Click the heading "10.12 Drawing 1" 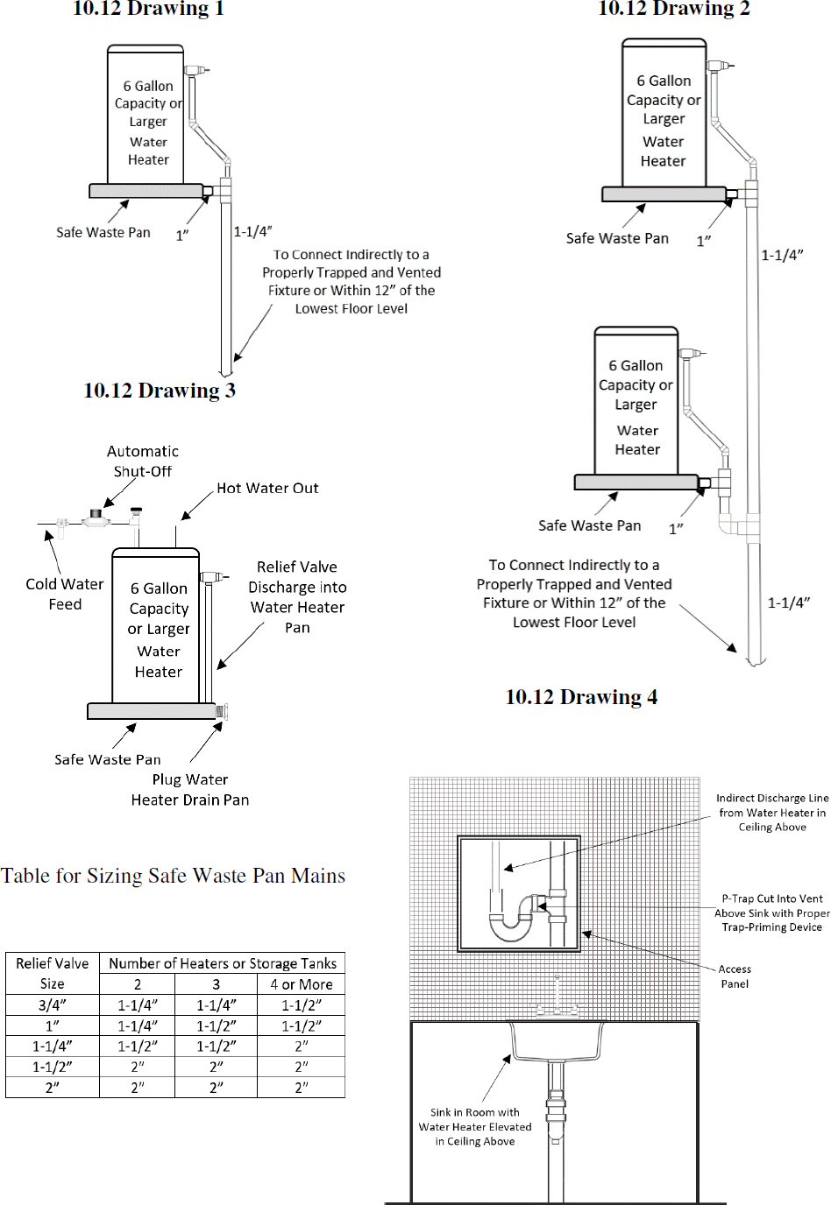click(x=148, y=9)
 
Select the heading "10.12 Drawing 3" click(x=160, y=391)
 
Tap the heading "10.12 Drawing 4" click(x=581, y=697)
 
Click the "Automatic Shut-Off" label click(x=143, y=462)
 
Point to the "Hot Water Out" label click(x=267, y=489)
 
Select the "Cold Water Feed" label click(x=65, y=594)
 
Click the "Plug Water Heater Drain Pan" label click(x=190, y=790)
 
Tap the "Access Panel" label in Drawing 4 click(x=735, y=976)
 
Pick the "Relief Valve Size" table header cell click(x=53, y=973)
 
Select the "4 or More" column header click(x=302, y=984)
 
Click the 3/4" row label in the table click(x=53, y=1005)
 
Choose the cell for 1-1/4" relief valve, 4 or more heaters click(x=302, y=1046)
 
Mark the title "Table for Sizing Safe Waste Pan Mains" click(x=174, y=876)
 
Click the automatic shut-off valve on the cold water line click(x=96, y=518)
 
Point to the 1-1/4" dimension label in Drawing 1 click(x=252, y=232)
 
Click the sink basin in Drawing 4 click(x=557, y=1041)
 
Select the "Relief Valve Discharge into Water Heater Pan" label click(x=297, y=597)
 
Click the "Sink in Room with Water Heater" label click(x=475, y=1127)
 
